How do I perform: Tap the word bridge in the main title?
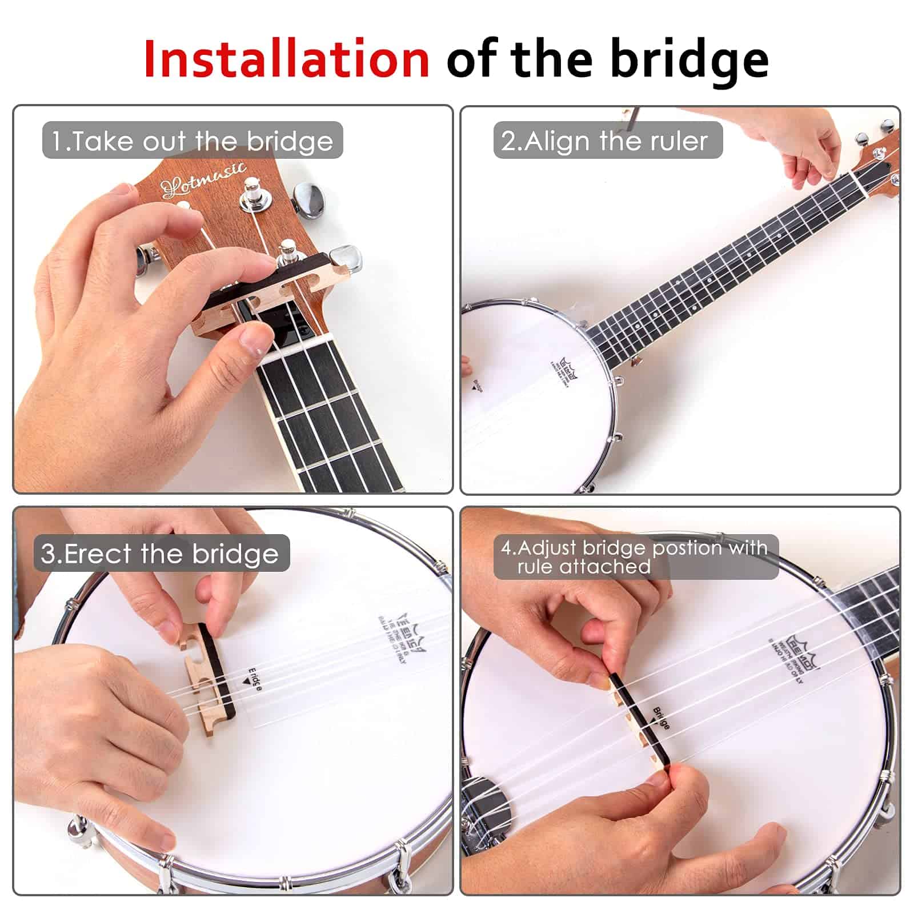[689, 60]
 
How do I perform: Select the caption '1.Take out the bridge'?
[193, 141]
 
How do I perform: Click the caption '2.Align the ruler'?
[607, 140]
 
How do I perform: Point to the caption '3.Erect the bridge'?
[161, 553]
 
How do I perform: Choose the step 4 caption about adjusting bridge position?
[635, 557]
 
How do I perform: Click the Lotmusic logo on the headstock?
[203, 178]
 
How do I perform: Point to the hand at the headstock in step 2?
[814, 149]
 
